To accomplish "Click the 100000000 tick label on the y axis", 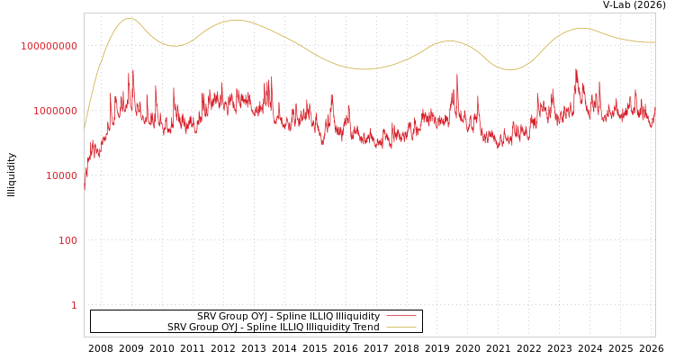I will pos(49,46).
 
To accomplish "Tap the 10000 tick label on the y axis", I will pos(56,175).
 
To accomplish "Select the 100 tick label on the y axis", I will pos(68,240).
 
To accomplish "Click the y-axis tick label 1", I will pos(74,305).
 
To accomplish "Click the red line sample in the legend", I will pos(400,316).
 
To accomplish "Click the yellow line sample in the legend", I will pos(400,327).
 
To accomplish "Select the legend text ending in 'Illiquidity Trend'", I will pos(273,327).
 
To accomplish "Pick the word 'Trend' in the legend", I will pos(365,327).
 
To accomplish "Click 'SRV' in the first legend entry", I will pos(207,316).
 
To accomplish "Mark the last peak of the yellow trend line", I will pos(582,28).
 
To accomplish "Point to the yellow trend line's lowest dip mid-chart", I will pos(364,69).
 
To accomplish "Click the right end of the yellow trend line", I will pos(654,42).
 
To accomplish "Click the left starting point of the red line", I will pos(85,189).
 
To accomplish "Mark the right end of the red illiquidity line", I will pos(654,112).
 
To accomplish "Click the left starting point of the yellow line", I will pos(85,129).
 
